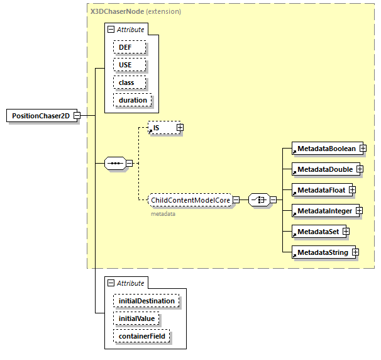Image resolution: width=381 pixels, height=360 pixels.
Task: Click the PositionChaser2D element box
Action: tap(40, 116)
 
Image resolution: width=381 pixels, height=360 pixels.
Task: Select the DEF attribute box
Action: tap(130, 47)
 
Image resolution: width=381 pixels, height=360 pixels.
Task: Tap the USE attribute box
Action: tap(130, 65)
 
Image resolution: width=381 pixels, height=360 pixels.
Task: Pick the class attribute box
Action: tap(130, 82)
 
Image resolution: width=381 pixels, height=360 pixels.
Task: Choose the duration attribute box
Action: tap(133, 100)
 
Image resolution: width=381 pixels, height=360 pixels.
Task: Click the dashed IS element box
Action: tap(161, 128)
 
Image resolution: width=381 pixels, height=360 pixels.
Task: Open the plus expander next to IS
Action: tap(180, 128)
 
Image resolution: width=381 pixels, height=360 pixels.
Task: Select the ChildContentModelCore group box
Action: tap(190, 200)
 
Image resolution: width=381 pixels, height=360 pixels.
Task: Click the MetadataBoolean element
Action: tap(326, 149)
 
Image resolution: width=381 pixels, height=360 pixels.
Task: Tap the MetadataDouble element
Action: tap(324, 169)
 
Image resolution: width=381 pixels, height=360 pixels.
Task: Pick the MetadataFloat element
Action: tap(321, 190)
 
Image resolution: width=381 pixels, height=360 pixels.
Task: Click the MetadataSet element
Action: tap(317, 232)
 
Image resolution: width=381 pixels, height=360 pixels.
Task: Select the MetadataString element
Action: tap(323, 252)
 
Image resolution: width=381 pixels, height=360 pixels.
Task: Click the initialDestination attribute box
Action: tap(146, 301)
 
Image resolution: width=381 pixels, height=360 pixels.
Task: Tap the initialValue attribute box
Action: tap(137, 318)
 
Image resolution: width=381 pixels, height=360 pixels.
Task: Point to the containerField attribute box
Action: tap(141, 336)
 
